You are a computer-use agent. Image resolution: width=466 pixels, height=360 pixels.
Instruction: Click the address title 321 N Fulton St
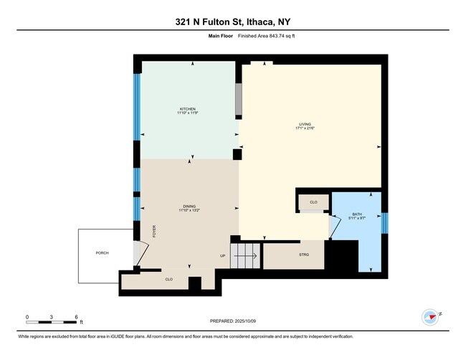tap(233, 22)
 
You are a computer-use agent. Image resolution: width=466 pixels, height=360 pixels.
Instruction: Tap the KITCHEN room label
tap(188, 110)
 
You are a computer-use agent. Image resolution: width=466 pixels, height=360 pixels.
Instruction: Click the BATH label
tap(357, 214)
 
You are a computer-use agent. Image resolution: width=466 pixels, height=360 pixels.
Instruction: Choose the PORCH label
tap(102, 253)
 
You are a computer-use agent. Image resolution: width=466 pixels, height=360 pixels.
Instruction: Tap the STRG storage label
tap(304, 254)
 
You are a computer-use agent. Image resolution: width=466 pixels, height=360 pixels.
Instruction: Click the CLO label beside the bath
tap(313, 203)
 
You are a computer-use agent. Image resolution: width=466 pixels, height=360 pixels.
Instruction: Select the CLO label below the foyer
tap(169, 279)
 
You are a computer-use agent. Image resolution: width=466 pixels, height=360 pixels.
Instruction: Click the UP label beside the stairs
tap(222, 255)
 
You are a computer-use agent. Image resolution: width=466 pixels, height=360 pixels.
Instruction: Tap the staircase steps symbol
tap(247, 253)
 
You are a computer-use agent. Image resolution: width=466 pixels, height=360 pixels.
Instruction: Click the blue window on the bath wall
tap(385, 222)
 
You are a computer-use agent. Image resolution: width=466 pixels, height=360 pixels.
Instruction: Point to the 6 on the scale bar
tap(77, 316)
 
